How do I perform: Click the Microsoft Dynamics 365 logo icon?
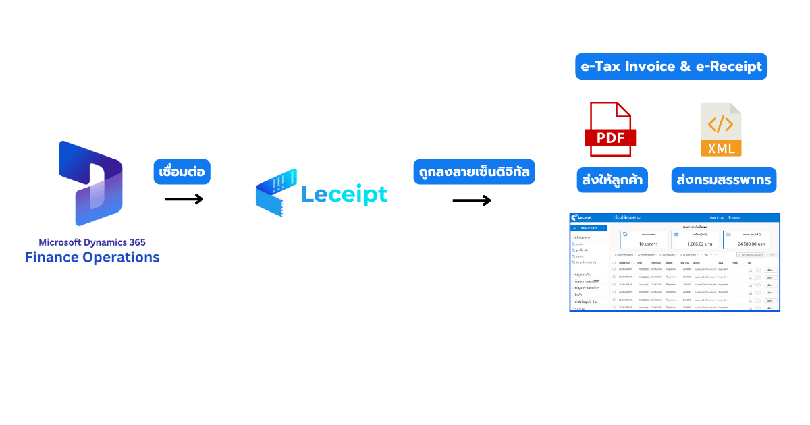click(x=90, y=184)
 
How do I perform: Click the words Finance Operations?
click(x=92, y=257)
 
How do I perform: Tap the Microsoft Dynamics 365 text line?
click(x=92, y=242)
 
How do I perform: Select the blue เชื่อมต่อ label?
click(x=182, y=171)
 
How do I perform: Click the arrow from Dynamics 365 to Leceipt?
click(x=184, y=199)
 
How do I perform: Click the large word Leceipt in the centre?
click(x=344, y=194)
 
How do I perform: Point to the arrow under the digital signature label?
click(x=471, y=200)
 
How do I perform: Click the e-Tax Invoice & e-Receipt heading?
click(x=671, y=66)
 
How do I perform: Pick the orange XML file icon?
click(x=721, y=130)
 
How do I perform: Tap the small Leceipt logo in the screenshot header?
click(x=585, y=217)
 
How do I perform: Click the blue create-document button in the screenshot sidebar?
click(x=589, y=229)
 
